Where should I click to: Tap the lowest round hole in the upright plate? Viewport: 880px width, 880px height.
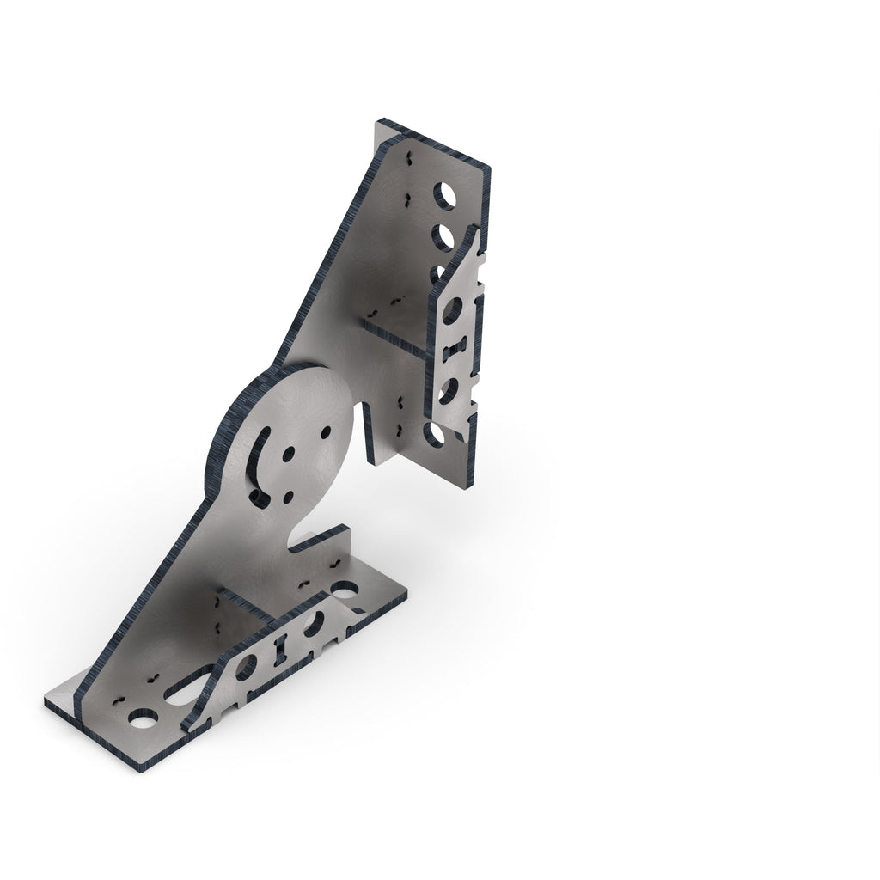pyautogui.click(x=433, y=434)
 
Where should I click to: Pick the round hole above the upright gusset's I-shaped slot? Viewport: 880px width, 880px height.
pyautogui.click(x=452, y=309)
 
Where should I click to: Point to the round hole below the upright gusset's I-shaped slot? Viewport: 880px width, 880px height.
pyautogui.click(x=448, y=391)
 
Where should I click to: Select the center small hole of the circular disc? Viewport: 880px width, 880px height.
pyautogui.click(x=288, y=452)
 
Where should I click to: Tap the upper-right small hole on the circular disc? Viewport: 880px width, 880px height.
pyautogui.click(x=326, y=432)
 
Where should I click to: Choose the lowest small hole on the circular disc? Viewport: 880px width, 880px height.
pyautogui.click(x=287, y=497)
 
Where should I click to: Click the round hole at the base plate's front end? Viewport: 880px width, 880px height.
pyautogui.click(x=143, y=717)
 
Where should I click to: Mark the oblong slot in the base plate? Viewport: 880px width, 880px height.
pyautogui.click(x=191, y=684)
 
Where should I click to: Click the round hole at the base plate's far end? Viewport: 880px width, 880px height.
pyautogui.click(x=345, y=591)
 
